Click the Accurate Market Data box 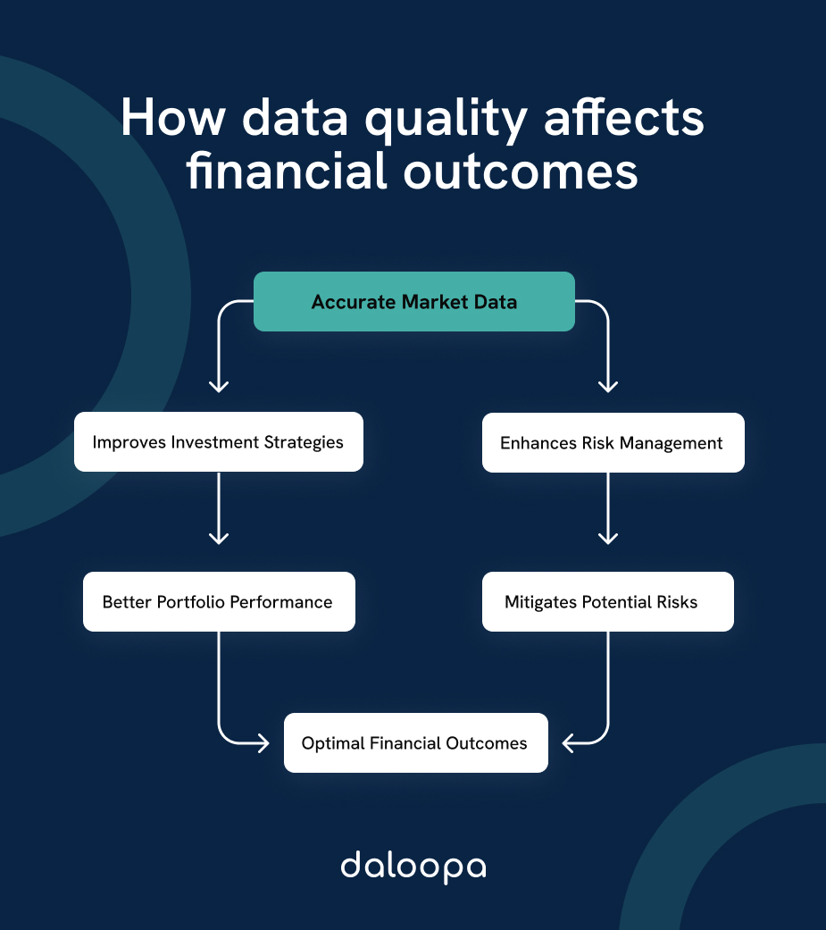(413, 302)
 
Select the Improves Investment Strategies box (218, 441)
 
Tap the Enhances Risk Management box (613, 442)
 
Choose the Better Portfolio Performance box (219, 601)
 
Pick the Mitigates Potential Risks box (607, 601)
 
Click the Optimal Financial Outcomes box (415, 742)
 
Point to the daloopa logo (413, 867)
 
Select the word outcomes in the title (521, 172)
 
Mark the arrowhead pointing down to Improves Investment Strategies (219, 387)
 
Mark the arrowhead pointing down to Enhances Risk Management (608, 387)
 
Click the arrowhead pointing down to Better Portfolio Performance (219, 539)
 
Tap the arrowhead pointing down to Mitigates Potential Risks (608, 539)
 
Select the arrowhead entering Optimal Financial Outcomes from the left (263, 742)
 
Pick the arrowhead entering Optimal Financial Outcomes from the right (568, 742)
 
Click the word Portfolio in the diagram (191, 602)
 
